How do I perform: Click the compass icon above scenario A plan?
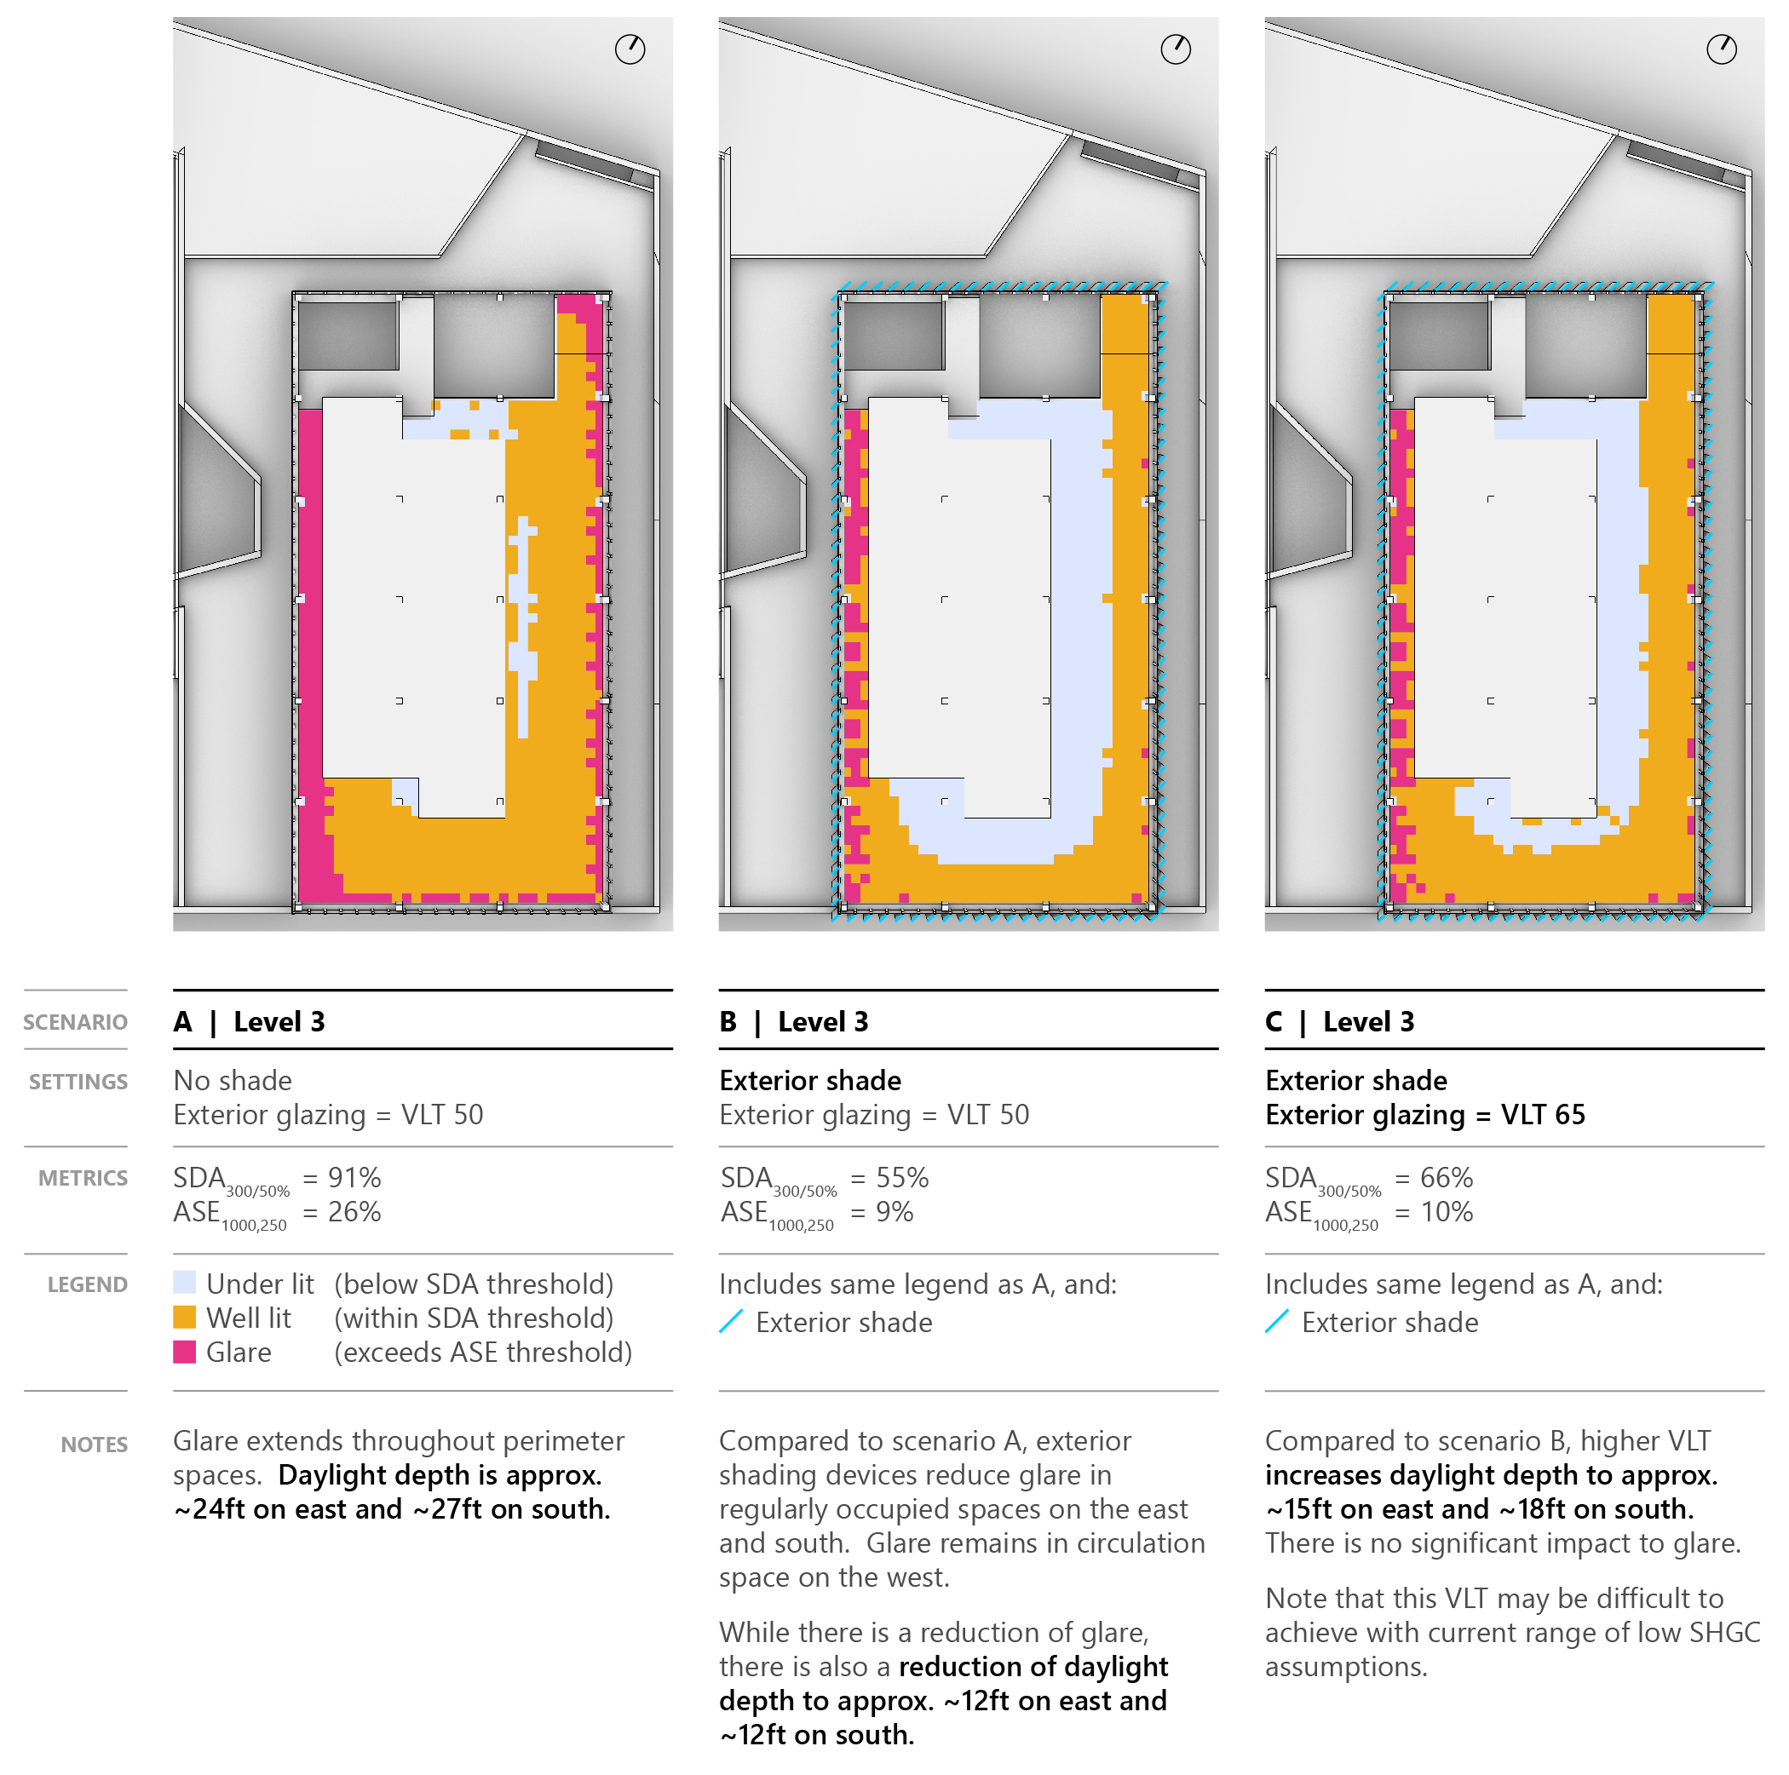(630, 49)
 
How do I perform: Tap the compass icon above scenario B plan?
(1176, 49)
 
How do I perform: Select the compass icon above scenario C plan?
(1722, 49)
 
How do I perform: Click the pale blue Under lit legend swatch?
(184, 1283)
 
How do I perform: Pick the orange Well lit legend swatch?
(184, 1317)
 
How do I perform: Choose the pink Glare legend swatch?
(184, 1351)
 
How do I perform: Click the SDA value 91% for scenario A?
(354, 1178)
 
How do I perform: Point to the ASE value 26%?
(354, 1212)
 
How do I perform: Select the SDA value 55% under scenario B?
(902, 1178)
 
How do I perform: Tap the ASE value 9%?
(894, 1212)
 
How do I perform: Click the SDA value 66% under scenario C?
(1447, 1178)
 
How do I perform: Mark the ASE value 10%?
(1447, 1212)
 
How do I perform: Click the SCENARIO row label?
(75, 1022)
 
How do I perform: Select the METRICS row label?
(83, 1178)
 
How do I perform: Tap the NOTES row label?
(94, 1445)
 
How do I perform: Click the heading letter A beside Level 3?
(183, 1021)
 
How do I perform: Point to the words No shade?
(233, 1081)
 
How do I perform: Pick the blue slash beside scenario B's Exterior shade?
(731, 1321)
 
